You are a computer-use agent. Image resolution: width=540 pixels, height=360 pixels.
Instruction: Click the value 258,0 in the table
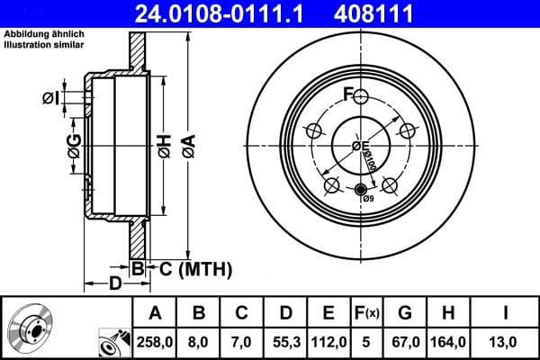click(x=155, y=341)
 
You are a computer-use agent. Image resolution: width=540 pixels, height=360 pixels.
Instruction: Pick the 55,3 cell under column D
click(x=285, y=341)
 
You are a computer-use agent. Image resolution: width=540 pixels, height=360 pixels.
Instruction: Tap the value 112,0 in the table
click(x=329, y=341)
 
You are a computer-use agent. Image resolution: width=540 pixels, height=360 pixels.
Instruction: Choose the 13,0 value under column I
click(x=506, y=341)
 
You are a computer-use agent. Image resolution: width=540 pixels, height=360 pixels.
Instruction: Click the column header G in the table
click(x=405, y=313)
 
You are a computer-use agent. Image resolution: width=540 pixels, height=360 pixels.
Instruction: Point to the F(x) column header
click(x=368, y=313)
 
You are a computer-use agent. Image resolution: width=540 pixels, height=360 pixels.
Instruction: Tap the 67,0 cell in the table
click(x=405, y=341)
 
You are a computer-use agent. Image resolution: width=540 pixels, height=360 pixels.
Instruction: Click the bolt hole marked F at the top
click(x=361, y=97)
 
